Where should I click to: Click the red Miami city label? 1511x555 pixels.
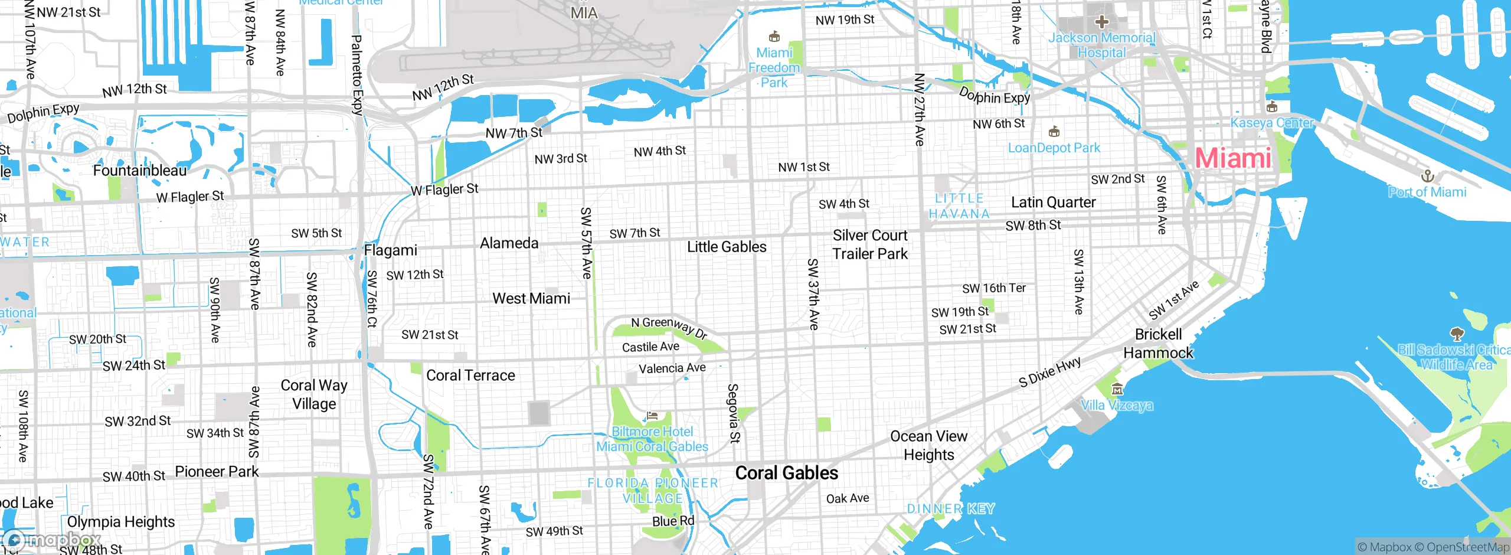click(1233, 158)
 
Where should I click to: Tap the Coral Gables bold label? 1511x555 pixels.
click(786, 473)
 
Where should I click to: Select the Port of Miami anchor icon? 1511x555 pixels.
click(1427, 176)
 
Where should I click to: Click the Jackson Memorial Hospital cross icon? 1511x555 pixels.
click(1101, 22)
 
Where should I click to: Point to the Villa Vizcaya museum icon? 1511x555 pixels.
click(1117, 389)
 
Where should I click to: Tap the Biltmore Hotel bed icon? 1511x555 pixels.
click(652, 416)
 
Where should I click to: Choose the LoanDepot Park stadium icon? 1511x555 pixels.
click(1054, 132)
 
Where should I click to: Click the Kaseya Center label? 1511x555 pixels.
click(1271, 123)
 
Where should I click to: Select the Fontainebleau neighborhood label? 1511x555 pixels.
click(139, 171)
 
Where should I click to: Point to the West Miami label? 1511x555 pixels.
click(531, 299)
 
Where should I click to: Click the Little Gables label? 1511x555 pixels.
click(727, 247)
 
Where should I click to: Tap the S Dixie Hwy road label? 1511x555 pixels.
click(1049, 372)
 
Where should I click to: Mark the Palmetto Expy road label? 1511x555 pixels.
click(357, 74)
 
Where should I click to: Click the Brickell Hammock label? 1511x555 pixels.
click(1158, 344)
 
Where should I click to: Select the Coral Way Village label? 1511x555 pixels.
click(314, 394)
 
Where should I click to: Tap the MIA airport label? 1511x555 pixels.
click(583, 13)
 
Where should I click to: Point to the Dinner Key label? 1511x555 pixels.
click(950, 509)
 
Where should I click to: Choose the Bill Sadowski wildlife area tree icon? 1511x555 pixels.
click(1457, 334)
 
